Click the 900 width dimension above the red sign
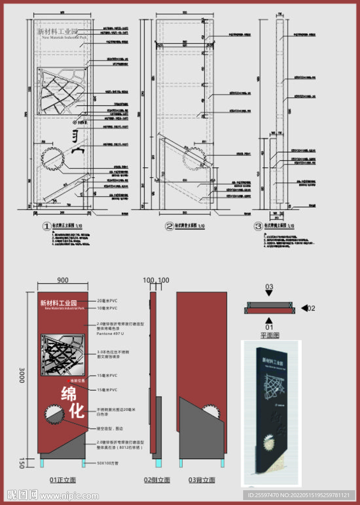click(63, 280)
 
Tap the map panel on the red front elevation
click(63, 355)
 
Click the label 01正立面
click(63, 480)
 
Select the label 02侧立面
click(157, 480)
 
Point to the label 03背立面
click(202, 480)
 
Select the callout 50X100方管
click(108, 464)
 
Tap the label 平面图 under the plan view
click(270, 335)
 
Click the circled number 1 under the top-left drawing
click(47, 226)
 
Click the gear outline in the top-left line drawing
click(53, 159)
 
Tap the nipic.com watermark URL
click(67, 495)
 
